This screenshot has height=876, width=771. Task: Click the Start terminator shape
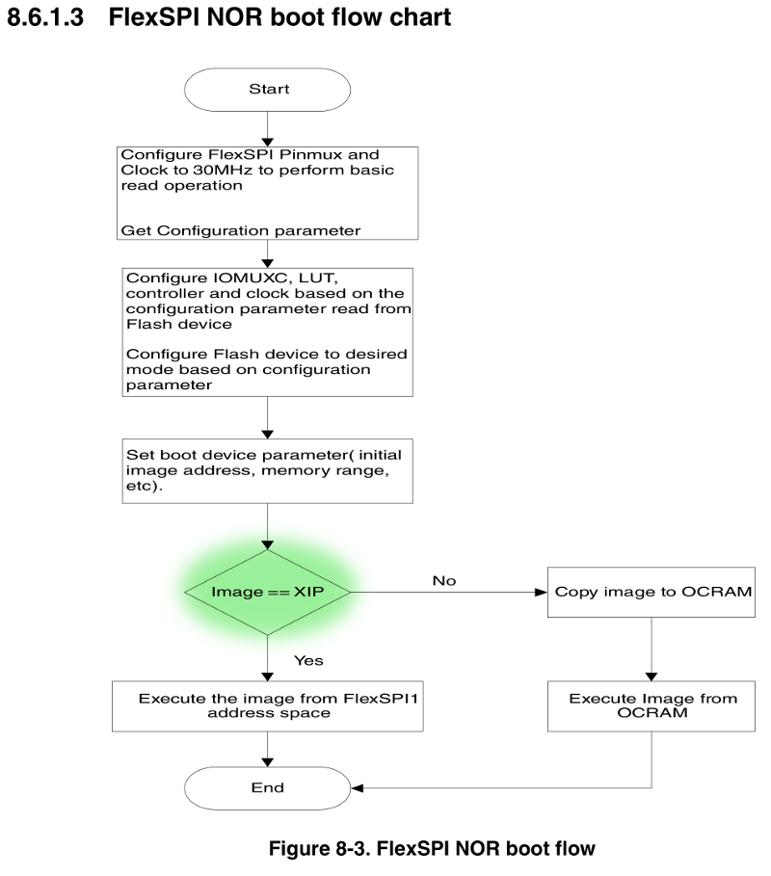[268, 89]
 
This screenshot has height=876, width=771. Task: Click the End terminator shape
[268, 787]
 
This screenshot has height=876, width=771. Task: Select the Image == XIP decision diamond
[268, 591]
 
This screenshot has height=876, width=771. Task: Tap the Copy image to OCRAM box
[652, 591]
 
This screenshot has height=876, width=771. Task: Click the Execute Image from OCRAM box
[652, 705]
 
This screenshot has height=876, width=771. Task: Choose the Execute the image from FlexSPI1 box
[269, 705]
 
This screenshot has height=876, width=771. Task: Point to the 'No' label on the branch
[443, 581]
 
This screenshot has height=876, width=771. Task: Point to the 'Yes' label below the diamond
[307, 660]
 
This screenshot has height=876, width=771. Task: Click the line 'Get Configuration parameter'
[241, 230]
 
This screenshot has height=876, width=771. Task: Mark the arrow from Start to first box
[268, 128]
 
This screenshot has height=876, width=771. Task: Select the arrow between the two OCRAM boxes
[652, 649]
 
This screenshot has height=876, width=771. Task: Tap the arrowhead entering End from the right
[357, 787]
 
